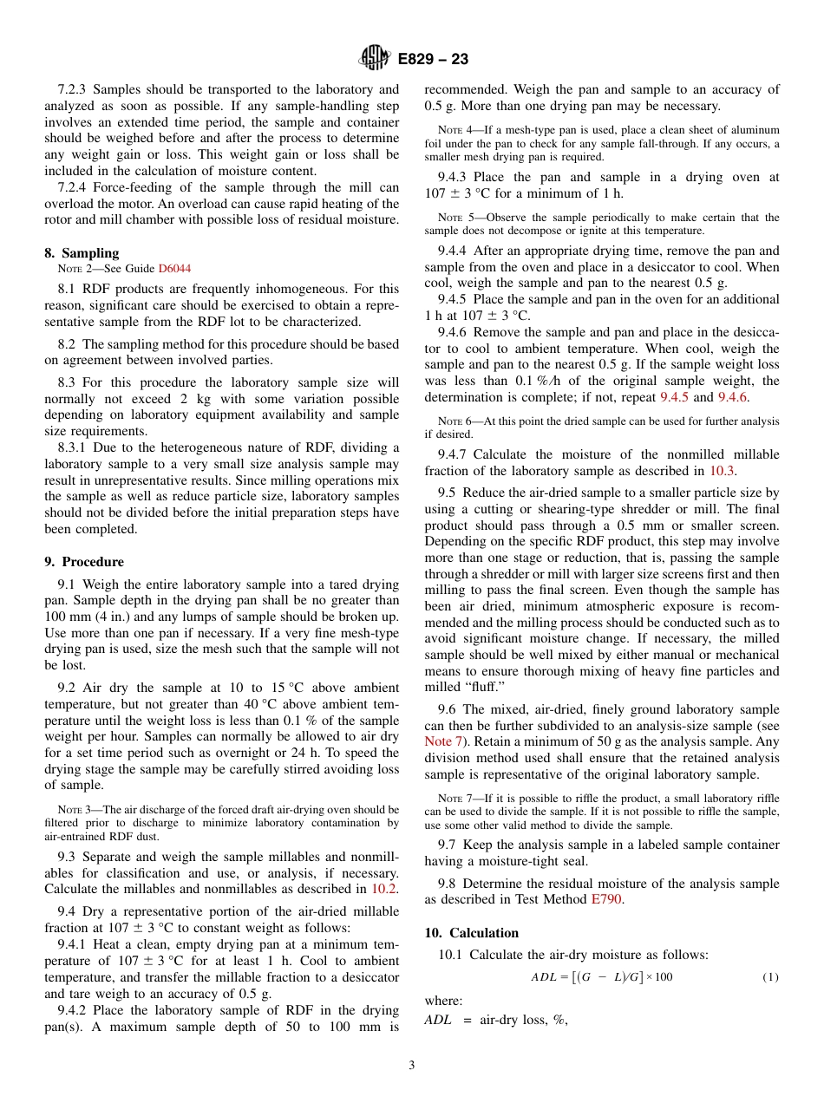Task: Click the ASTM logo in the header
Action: point(375,59)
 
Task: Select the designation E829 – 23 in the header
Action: point(433,59)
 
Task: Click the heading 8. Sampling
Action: point(82,253)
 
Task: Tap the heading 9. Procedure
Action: point(84,562)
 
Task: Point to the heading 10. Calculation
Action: point(472,933)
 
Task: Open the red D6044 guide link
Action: point(174,269)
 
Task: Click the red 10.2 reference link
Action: point(384,889)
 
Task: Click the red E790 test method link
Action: point(606,899)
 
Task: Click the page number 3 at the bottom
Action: point(411,1066)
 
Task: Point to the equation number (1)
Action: point(770,977)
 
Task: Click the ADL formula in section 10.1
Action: point(601,977)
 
